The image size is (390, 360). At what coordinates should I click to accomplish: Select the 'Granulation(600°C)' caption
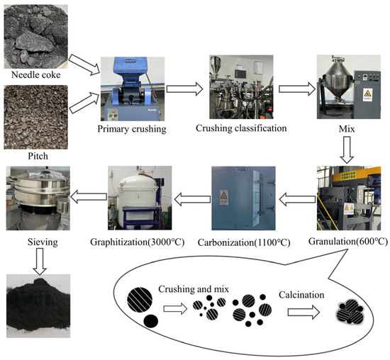tap(347, 241)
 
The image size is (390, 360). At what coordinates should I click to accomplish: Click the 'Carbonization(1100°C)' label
tap(245, 243)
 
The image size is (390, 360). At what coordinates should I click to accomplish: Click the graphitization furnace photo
tap(140, 197)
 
